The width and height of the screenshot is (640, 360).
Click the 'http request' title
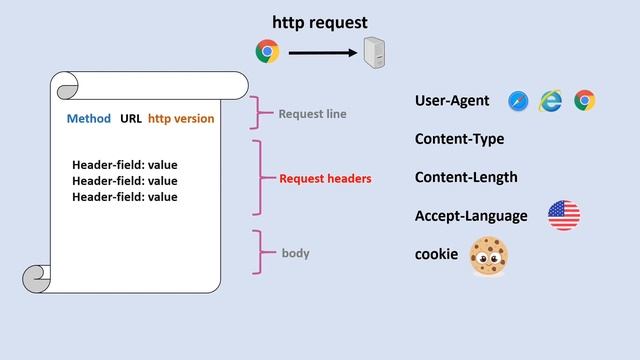tap(320, 21)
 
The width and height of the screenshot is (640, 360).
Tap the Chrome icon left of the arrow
tap(267, 51)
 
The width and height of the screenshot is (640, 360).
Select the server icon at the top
tap(375, 51)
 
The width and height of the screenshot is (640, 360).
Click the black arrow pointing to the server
tap(323, 52)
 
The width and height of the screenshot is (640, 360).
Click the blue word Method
tap(89, 118)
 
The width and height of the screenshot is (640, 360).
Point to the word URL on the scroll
tap(131, 118)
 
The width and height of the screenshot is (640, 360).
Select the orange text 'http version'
tap(181, 118)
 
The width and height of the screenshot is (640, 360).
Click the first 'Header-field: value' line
tap(125, 165)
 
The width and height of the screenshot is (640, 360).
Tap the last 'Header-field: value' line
tap(125, 197)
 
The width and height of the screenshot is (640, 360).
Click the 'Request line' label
tap(312, 114)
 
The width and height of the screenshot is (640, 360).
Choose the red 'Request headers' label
tap(325, 179)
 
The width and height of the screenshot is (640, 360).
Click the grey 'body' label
tap(295, 253)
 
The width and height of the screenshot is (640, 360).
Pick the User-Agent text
tap(452, 101)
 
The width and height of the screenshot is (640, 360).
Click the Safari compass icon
tap(518, 101)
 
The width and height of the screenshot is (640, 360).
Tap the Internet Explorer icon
tap(551, 101)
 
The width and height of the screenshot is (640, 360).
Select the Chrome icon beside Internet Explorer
tap(585, 101)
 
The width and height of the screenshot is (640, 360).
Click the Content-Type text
tap(459, 139)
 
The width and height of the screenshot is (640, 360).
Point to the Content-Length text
tap(466, 177)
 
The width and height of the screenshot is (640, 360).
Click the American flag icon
tap(564, 215)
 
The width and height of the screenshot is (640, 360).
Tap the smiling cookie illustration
tap(489, 256)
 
